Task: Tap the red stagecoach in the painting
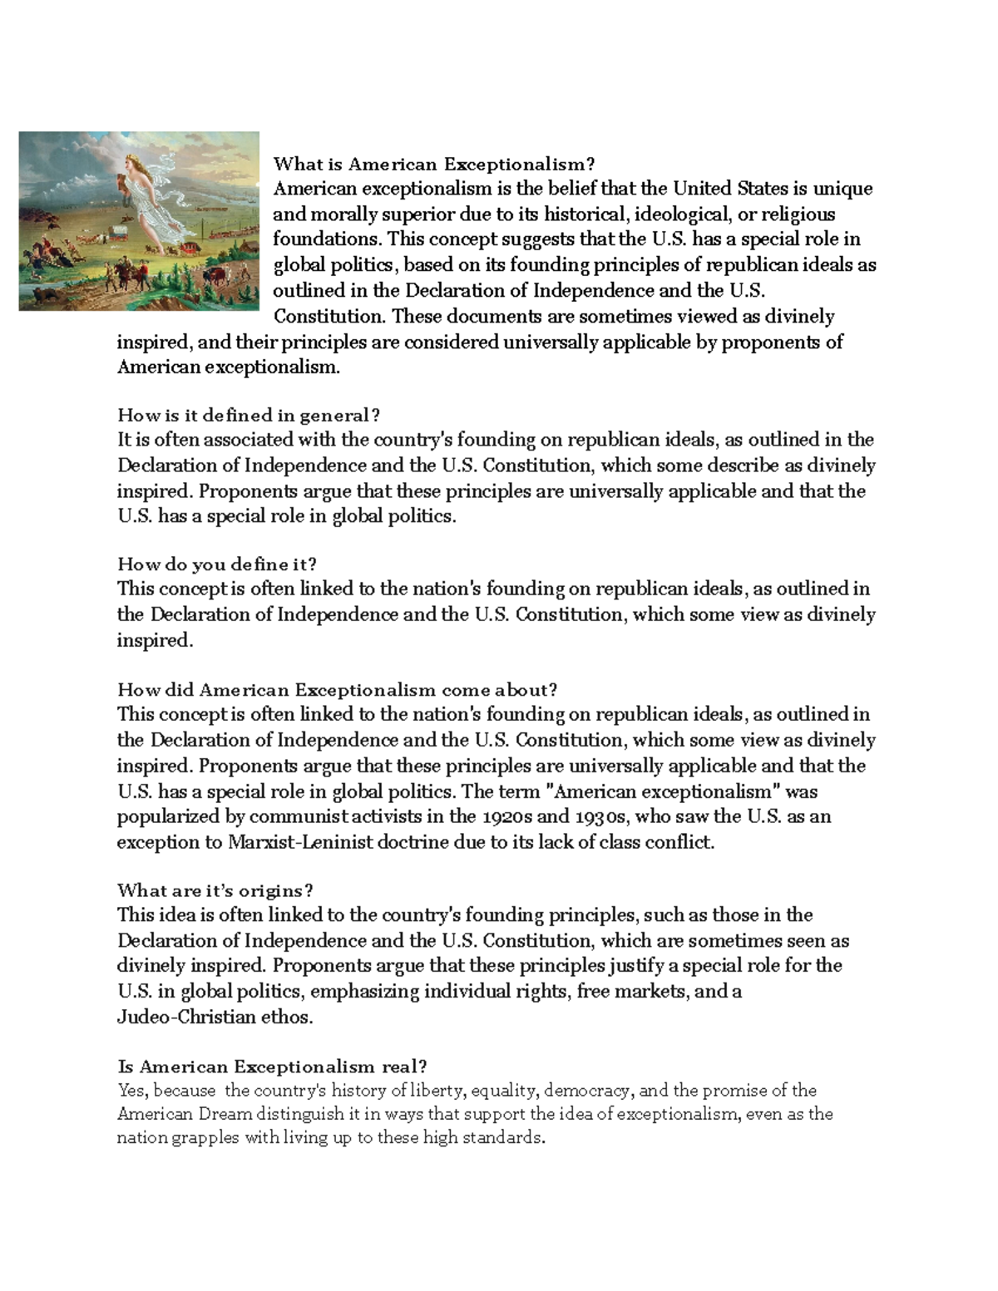click(x=190, y=248)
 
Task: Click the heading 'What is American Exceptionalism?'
click(x=435, y=164)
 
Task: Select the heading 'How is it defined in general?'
click(x=249, y=415)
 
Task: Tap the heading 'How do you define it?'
click(x=217, y=564)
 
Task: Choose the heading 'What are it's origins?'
click(x=215, y=890)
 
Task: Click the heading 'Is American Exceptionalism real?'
click(x=273, y=1066)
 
